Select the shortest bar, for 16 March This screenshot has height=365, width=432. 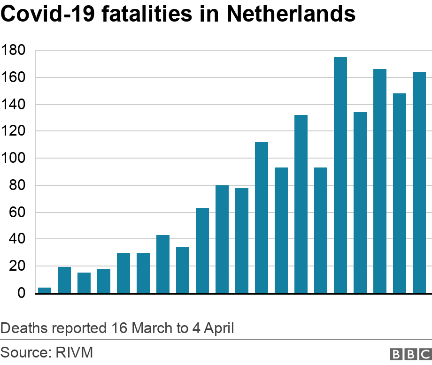click(45, 290)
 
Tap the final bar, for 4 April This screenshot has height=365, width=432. click(419, 182)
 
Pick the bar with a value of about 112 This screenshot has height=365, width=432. click(262, 218)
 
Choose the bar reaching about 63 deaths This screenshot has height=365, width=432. click(202, 251)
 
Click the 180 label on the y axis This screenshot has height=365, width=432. click(15, 50)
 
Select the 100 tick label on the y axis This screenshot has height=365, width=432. click(15, 158)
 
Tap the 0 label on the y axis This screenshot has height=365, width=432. click(22, 293)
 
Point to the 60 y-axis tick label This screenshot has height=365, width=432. click(18, 212)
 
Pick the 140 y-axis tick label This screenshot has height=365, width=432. click(15, 104)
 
